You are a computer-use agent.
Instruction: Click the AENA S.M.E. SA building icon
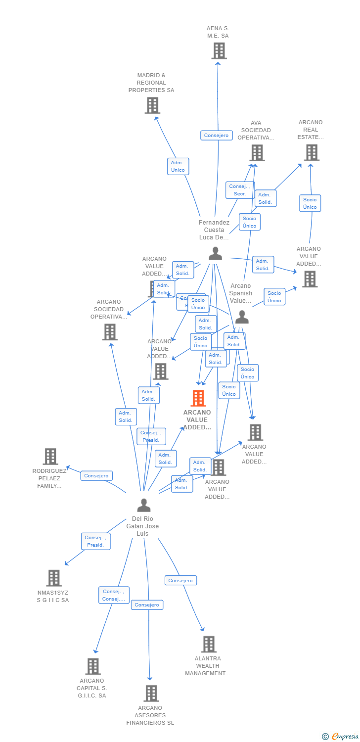[x=219, y=50]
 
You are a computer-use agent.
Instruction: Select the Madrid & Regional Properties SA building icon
[x=152, y=105]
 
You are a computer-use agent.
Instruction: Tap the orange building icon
[x=198, y=398]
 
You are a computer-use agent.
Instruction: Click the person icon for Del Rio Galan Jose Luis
[x=144, y=505]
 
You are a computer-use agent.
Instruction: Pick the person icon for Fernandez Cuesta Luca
[x=215, y=253]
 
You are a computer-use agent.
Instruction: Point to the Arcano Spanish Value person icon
[x=241, y=317]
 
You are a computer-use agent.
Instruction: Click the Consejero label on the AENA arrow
[x=217, y=136]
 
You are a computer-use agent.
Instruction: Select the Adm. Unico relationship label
[x=178, y=166]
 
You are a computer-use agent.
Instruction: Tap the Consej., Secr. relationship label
[x=240, y=190]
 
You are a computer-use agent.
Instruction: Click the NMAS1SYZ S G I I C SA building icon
[x=54, y=578]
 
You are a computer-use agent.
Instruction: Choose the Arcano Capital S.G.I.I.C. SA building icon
[x=93, y=666]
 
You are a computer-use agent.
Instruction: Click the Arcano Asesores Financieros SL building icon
[x=151, y=694]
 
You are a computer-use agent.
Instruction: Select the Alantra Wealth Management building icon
[x=209, y=644]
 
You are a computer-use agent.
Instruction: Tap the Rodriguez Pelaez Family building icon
[x=50, y=457]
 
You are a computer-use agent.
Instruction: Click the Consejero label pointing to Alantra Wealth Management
[x=180, y=580]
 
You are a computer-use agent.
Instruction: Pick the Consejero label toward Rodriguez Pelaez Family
[x=96, y=476]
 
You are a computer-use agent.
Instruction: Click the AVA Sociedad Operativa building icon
[x=257, y=153]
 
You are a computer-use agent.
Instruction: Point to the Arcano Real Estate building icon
[x=312, y=152]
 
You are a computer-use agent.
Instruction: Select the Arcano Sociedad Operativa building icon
[x=110, y=332]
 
